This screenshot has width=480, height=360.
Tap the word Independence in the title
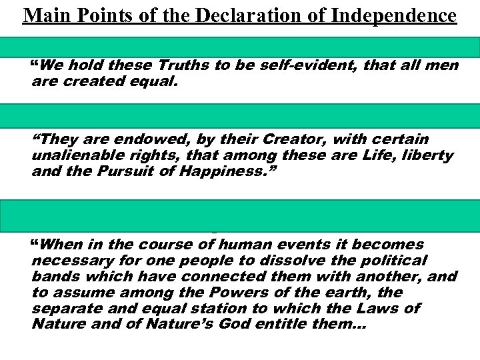[x=401, y=15]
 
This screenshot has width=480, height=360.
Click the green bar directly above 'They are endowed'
[x=240, y=115]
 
